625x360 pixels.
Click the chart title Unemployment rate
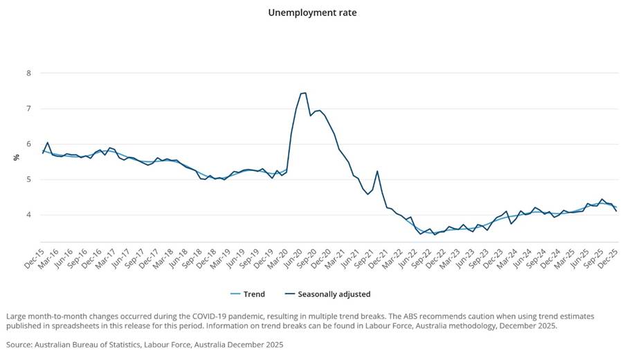tap(312, 12)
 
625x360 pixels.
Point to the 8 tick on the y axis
tap(28, 73)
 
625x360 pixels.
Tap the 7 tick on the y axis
tap(28, 109)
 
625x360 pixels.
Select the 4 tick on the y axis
tap(28, 215)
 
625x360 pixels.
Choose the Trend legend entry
tap(254, 294)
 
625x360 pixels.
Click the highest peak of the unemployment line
tap(304, 93)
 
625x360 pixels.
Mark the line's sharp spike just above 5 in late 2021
tap(377, 171)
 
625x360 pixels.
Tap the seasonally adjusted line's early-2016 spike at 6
tap(47, 143)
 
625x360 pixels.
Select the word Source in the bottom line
tap(20, 344)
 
